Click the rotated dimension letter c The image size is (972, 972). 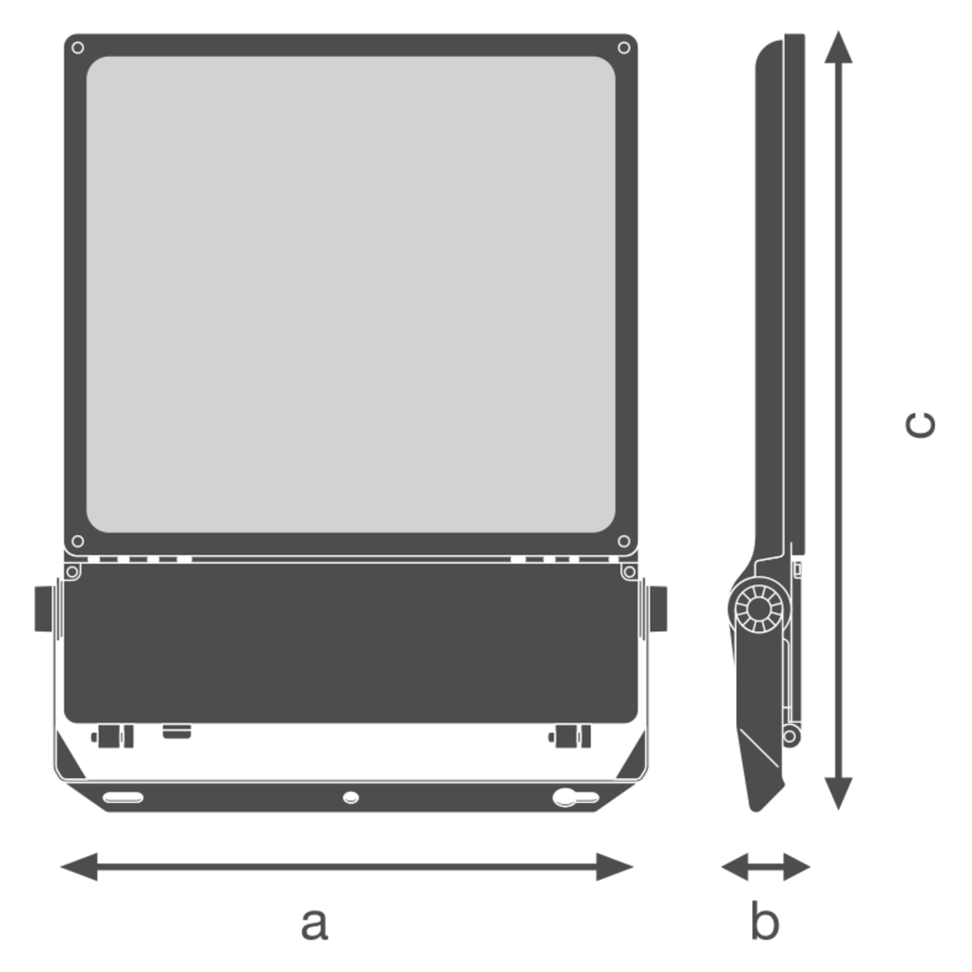click(x=920, y=426)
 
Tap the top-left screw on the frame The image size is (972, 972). click(x=78, y=48)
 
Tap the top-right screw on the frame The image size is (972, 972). click(x=624, y=48)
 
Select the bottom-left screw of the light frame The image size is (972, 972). click(x=78, y=541)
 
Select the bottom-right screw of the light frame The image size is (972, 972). click(x=624, y=541)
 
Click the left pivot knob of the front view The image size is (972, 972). click(x=44, y=609)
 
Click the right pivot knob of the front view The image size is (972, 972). click(x=658, y=609)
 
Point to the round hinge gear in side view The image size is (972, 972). click(x=759, y=610)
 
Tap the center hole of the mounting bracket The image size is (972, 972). click(x=351, y=798)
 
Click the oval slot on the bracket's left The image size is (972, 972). click(x=123, y=798)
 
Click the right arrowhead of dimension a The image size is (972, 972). click(x=615, y=867)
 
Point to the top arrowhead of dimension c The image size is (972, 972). click(x=838, y=47)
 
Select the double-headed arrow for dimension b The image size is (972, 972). click(x=766, y=867)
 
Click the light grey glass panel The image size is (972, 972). click(x=351, y=295)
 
